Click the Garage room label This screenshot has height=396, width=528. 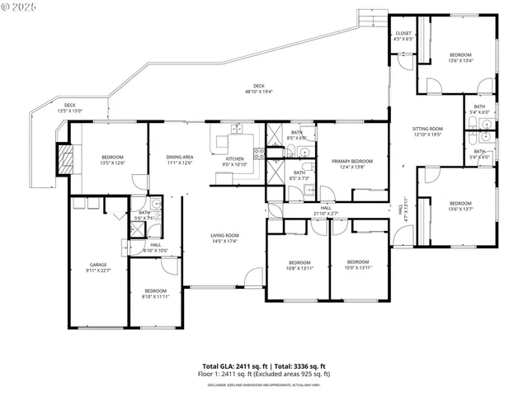tap(97, 266)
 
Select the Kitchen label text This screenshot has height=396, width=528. tap(235, 161)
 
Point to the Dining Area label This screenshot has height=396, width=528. tap(180, 160)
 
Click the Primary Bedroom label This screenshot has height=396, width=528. tap(351, 163)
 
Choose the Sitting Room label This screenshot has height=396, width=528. tap(427, 131)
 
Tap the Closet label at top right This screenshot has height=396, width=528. tap(403, 35)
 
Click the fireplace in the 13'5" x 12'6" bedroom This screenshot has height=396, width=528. tap(64, 158)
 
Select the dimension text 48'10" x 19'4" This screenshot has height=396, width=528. tap(259, 92)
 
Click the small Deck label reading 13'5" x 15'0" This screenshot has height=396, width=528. tap(70, 107)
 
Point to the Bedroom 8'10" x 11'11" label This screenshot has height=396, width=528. tap(155, 293)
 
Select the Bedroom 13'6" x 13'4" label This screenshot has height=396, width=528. tap(460, 57)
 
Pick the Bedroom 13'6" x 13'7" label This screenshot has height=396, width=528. tap(460, 206)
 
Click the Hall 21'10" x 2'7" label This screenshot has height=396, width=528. tap(326, 210)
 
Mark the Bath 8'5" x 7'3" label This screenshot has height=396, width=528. tap(299, 175)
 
